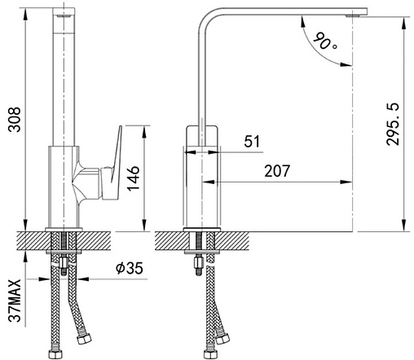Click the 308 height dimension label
(x=14, y=120)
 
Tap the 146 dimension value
(x=134, y=178)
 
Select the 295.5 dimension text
(x=393, y=124)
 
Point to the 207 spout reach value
(x=277, y=171)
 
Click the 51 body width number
(x=252, y=141)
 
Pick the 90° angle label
(x=325, y=41)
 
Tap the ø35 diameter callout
(x=130, y=268)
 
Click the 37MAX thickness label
(x=15, y=301)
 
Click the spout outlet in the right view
(x=353, y=15)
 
